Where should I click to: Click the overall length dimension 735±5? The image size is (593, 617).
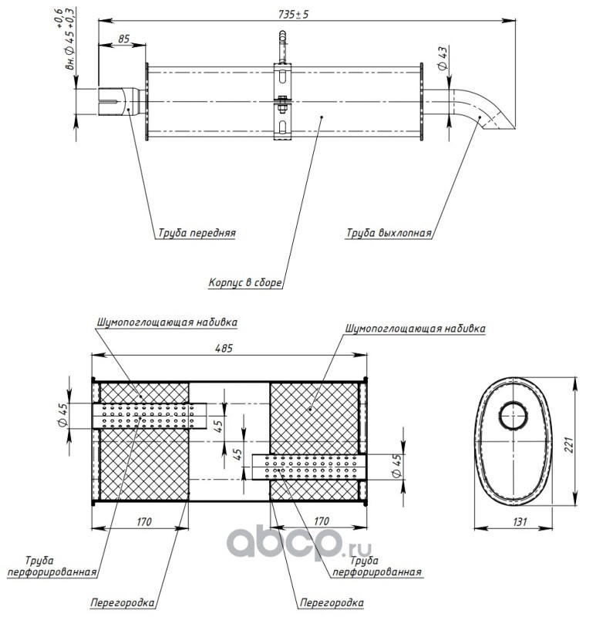[x=294, y=15]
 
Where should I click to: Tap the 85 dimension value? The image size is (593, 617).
[x=123, y=39]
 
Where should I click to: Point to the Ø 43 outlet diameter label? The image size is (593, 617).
[x=443, y=59]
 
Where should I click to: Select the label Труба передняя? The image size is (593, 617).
[x=197, y=233]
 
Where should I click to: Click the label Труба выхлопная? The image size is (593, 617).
[x=389, y=233]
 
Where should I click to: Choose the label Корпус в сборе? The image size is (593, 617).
[x=244, y=282]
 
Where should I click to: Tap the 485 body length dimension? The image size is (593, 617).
[x=224, y=349]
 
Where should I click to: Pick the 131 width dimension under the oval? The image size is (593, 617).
[x=520, y=522]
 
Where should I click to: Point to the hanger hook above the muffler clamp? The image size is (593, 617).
[x=282, y=47]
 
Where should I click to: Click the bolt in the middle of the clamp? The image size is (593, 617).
[x=282, y=104]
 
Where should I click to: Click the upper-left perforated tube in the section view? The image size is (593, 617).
[x=150, y=416]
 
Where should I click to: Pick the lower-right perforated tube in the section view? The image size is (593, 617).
[x=309, y=467]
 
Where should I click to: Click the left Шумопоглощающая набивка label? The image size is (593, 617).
[x=167, y=322]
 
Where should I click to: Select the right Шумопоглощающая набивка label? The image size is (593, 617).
[x=415, y=329]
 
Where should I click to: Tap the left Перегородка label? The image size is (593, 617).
[x=123, y=603]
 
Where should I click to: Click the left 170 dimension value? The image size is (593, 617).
[x=143, y=522]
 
